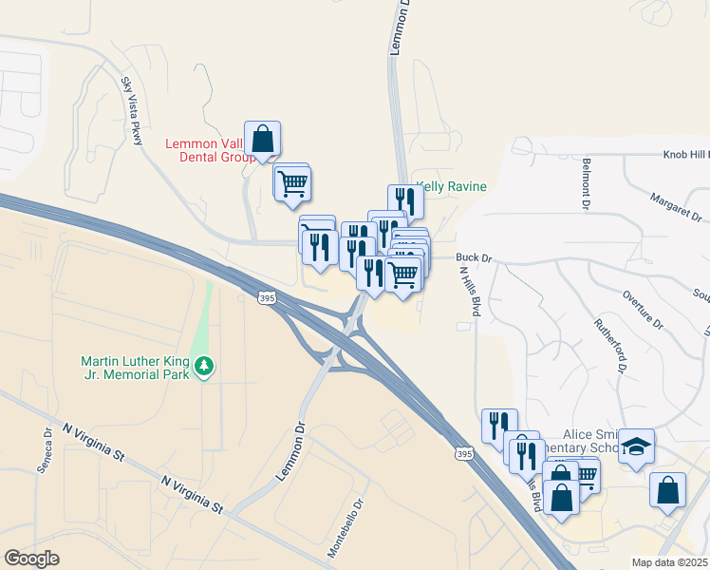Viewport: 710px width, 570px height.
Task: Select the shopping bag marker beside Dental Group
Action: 262,140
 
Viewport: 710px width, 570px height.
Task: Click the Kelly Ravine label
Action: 452,187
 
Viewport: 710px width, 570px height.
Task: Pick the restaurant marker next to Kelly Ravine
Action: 405,200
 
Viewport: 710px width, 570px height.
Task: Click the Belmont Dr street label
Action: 588,182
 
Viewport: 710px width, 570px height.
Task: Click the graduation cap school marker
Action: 636,446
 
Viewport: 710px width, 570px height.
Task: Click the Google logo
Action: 32,559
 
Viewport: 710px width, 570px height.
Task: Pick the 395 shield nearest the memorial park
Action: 267,298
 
